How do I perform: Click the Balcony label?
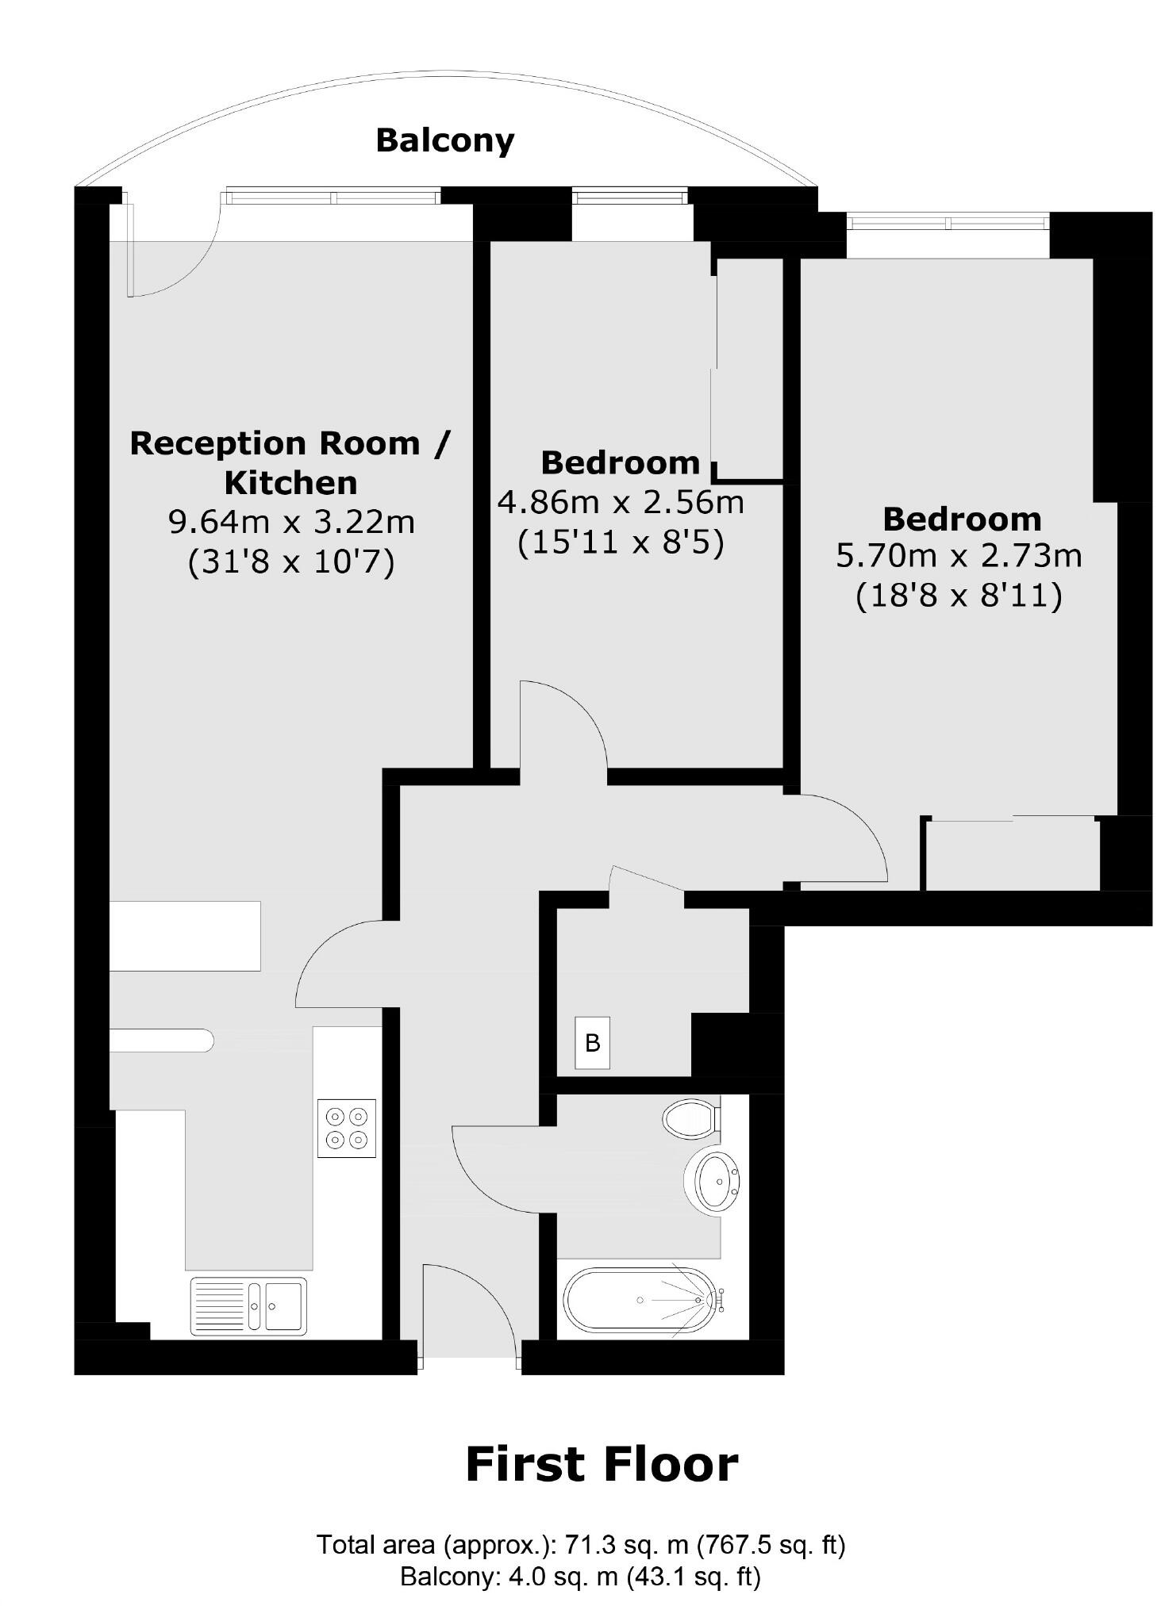[444, 140]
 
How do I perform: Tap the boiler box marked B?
[592, 1042]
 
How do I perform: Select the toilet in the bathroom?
[690, 1119]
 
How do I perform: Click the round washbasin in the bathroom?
[717, 1182]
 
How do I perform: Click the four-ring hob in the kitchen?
[347, 1128]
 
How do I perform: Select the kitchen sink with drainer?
[248, 1305]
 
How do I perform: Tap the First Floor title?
[602, 1464]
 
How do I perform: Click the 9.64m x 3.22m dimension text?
[291, 522]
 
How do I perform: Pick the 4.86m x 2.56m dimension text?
[621, 502]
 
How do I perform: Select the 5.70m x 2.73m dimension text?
[959, 556]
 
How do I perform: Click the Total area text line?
[580, 1545]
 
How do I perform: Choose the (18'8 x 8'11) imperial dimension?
[959, 596]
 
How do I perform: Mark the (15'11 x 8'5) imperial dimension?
[621, 543]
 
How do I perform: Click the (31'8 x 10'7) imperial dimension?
[291, 562]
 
